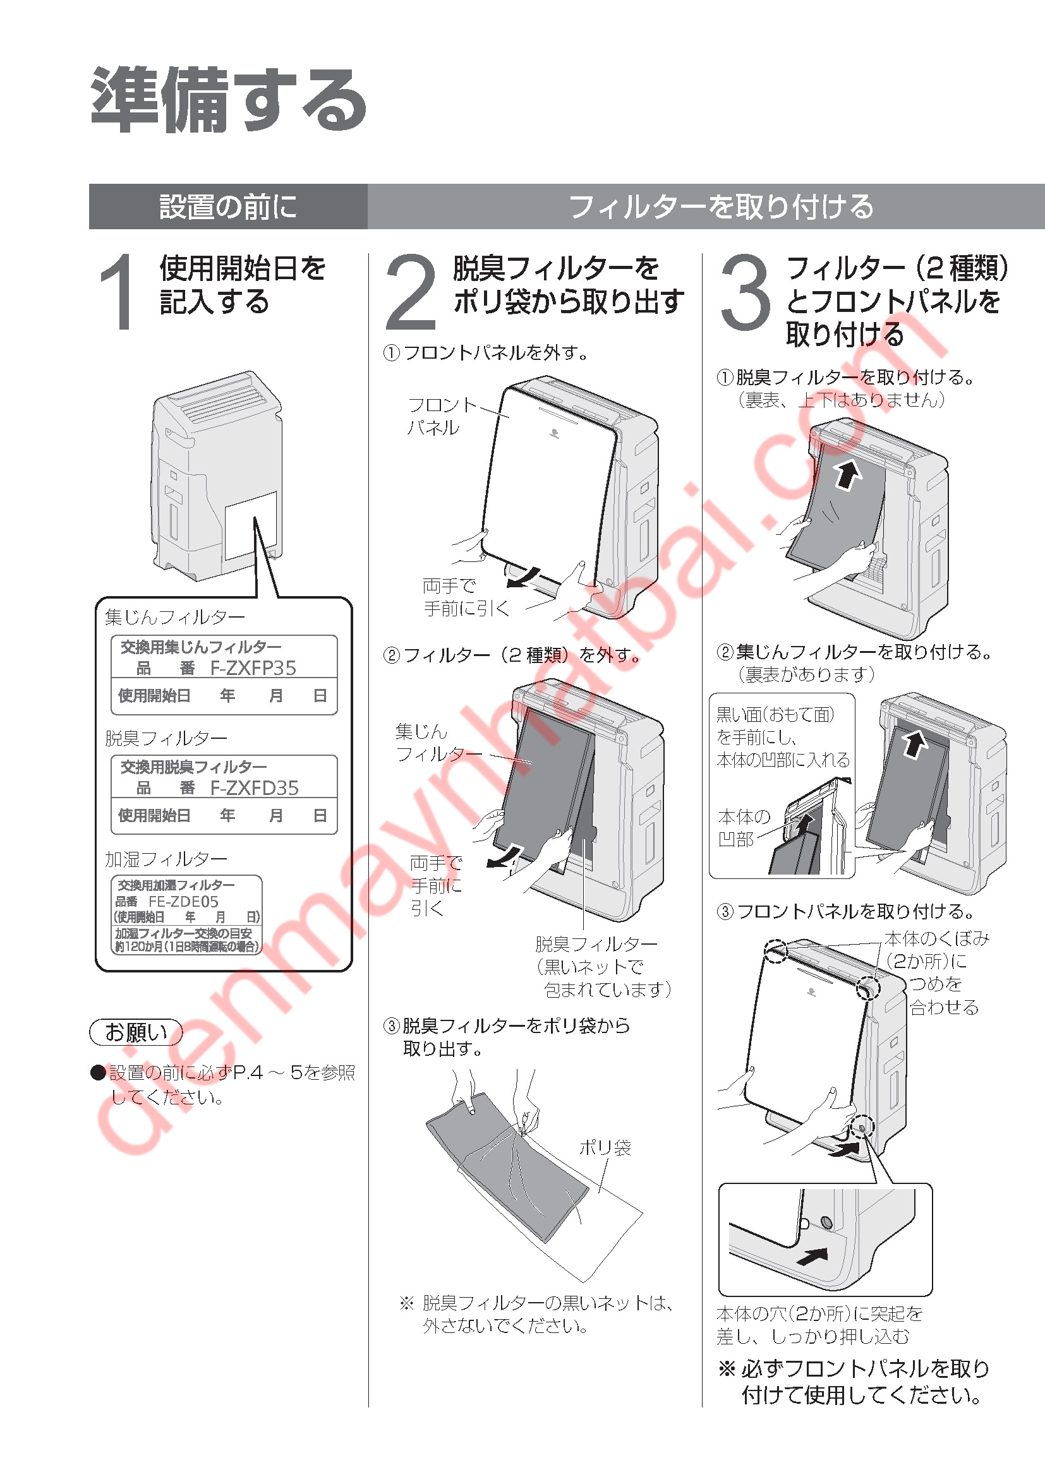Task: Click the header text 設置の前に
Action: coord(229,207)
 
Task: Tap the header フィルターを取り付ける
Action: coord(722,207)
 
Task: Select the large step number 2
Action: coord(411,291)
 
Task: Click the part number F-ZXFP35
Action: coord(253,668)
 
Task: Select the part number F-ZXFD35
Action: coord(255,788)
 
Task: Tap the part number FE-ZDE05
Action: coord(183,901)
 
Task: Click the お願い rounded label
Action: coord(136,1032)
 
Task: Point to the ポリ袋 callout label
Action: coord(605,1147)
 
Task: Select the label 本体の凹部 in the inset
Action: coord(744,828)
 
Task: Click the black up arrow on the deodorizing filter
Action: coord(848,475)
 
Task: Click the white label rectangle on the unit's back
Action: coord(251,525)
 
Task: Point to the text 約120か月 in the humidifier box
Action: coord(139,947)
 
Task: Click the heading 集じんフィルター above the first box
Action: coord(175,618)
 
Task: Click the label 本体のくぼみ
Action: coord(936,938)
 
